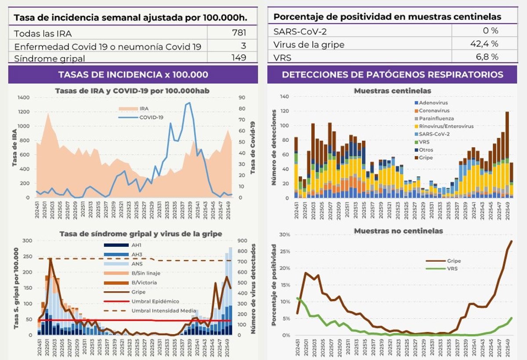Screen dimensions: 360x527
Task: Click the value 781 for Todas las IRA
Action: (x=239, y=33)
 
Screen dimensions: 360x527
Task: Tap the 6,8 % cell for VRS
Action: (x=488, y=57)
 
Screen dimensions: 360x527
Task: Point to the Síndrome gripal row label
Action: (x=50, y=58)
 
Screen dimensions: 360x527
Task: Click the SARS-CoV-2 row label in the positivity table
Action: (x=300, y=31)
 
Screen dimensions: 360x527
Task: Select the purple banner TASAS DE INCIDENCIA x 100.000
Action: (x=133, y=75)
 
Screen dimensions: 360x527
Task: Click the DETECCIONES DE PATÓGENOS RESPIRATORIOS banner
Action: (x=393, y=75)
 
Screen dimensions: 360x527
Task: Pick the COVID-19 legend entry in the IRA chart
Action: (x=151, y=117)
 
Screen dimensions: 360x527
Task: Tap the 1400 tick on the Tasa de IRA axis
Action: (x=24, y=97)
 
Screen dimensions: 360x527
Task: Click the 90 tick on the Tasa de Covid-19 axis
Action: (x=241, y=97)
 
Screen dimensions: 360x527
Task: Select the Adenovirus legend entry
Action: (x=433, y=103)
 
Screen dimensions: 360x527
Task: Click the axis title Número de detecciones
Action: (x=274, y=147)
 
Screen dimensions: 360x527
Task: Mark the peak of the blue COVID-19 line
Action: (x=189, y=103)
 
